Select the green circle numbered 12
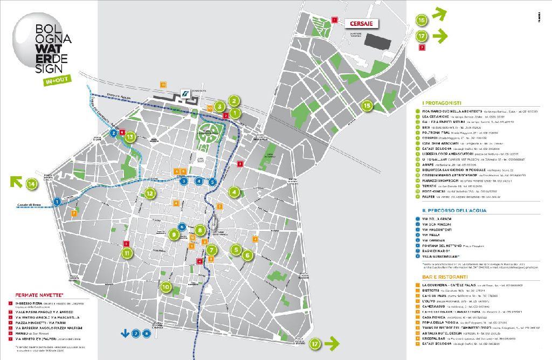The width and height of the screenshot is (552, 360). tap(150, 193)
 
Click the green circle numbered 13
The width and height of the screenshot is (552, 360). tap(129, 137)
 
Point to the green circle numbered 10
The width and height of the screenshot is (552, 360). tap(165, 287)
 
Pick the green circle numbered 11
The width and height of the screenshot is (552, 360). tap(127, 253)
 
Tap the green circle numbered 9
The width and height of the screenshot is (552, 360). tap(174, 234)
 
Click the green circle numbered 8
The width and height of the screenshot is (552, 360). tap(200, 231)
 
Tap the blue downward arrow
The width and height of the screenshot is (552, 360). tap(125, 333)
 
